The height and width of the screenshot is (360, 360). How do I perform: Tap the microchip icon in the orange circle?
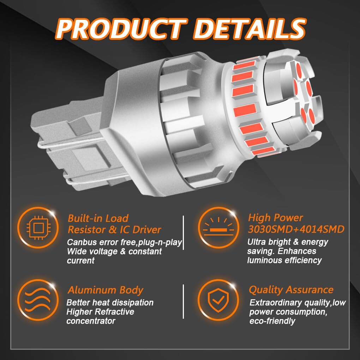[x=38, y=228]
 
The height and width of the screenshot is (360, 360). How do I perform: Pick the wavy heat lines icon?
[x=37, y=300]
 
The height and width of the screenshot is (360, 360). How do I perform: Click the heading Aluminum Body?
[x=106, y=290]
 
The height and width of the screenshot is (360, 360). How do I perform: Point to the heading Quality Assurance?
[x=291, y=290]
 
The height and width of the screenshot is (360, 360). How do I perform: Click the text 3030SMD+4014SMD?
[x=296, y=229]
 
